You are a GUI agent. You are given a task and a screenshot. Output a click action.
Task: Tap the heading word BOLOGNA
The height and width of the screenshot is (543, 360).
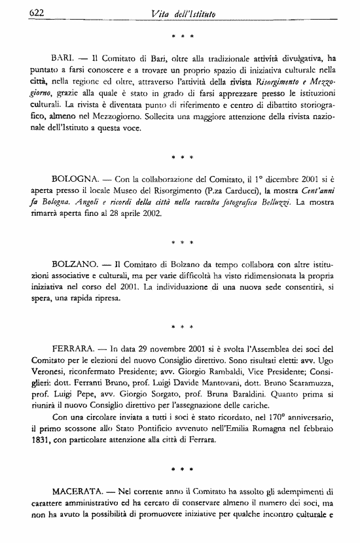74,178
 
